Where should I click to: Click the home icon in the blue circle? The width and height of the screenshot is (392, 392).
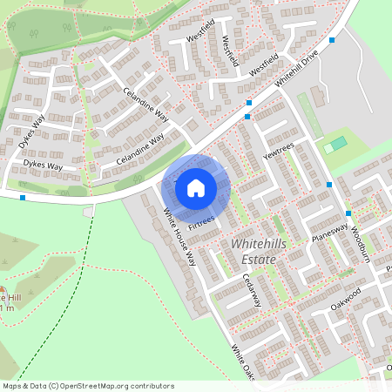tap(196, 187)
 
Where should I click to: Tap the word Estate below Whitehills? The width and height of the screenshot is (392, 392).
tap(259, 260)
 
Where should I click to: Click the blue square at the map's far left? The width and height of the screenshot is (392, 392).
tap(23, 198)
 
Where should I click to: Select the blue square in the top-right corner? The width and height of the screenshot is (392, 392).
tap(332, 40)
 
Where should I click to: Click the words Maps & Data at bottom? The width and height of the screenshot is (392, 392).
tap(24, 386)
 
